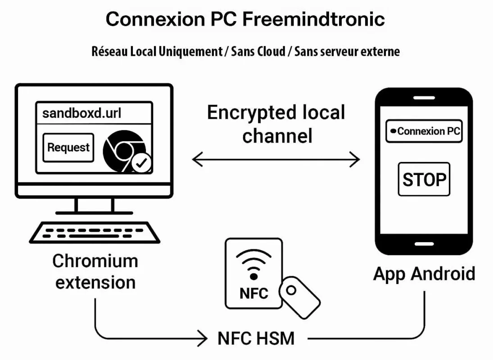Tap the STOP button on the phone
424,179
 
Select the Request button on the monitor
68,147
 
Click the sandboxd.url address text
81,112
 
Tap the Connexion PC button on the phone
424,131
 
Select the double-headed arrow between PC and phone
276,159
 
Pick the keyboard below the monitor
95,232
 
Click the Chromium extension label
95,271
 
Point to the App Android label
424,274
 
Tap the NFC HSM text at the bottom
256,338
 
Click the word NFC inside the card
253,293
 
